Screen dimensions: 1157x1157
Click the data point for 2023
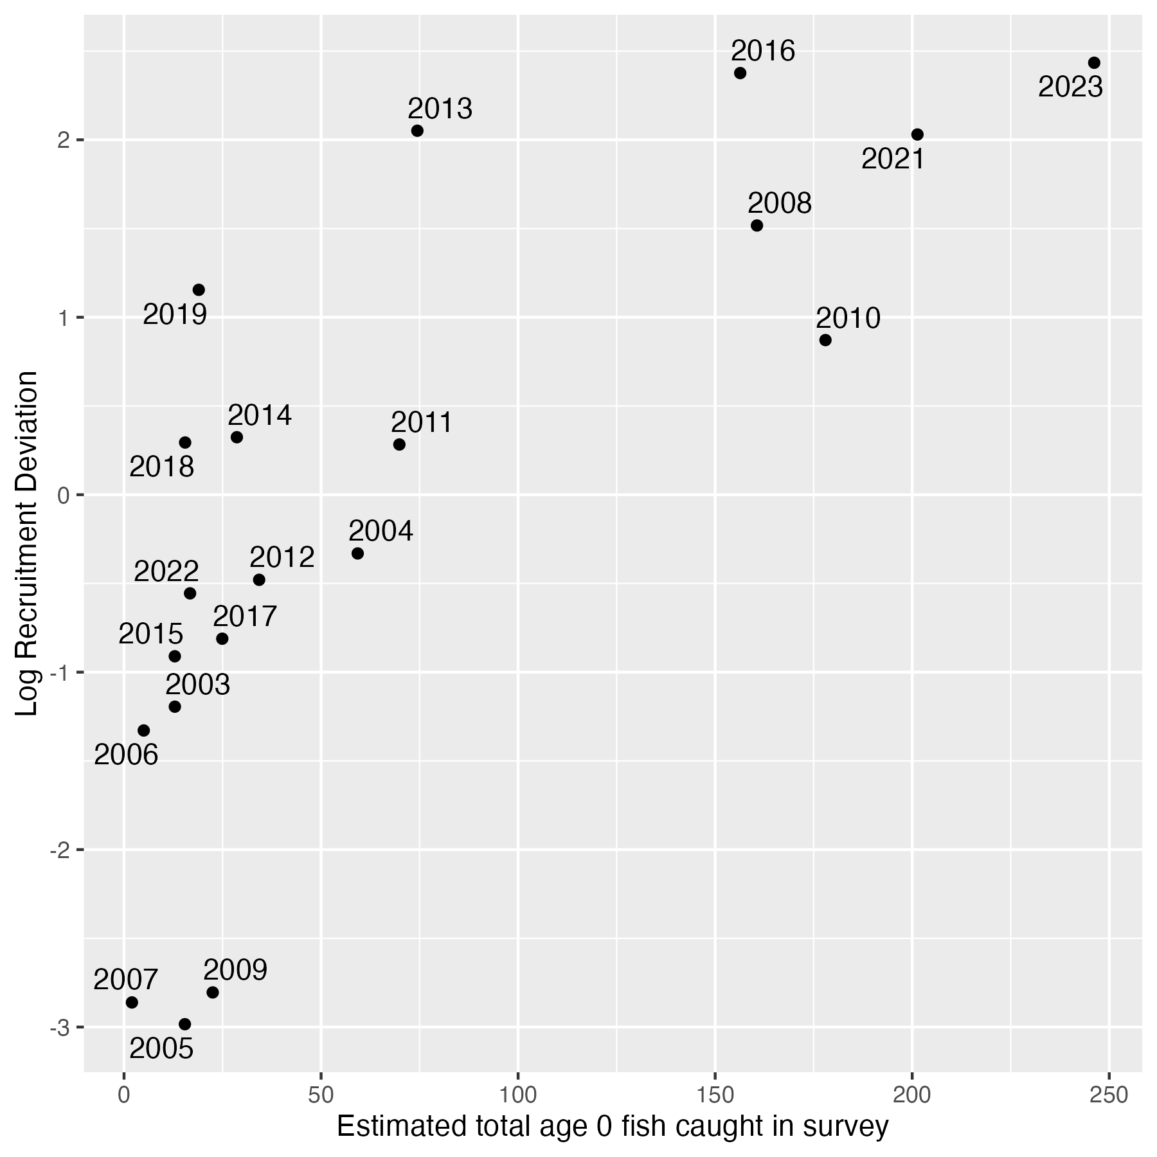1094,63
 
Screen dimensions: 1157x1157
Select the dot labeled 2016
740,73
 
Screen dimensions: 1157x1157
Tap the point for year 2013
417,131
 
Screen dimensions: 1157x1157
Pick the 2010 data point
825,340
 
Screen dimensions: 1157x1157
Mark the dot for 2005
185,1024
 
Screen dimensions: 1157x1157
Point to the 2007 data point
132,1002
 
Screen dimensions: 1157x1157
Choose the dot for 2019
199,290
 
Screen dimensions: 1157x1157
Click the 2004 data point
358,553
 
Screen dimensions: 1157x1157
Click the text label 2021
893,159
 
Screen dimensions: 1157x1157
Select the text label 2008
780,204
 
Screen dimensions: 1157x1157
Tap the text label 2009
235,970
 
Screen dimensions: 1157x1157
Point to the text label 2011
422,423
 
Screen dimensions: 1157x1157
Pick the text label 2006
126,755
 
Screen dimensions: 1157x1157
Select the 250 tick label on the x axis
1109,1095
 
